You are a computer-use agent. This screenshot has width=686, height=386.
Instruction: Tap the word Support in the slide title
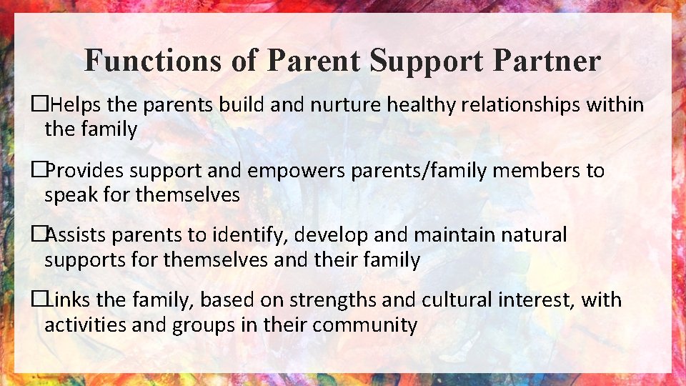(x=427, y=61)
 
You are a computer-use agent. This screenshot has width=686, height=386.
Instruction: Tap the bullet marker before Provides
(x=40, y=171)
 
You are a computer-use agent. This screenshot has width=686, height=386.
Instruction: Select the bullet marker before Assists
(x=40, y=235)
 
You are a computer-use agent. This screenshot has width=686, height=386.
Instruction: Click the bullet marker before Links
(x=40, y=300)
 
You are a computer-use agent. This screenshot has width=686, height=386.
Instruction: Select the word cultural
(x=448, y=300)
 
